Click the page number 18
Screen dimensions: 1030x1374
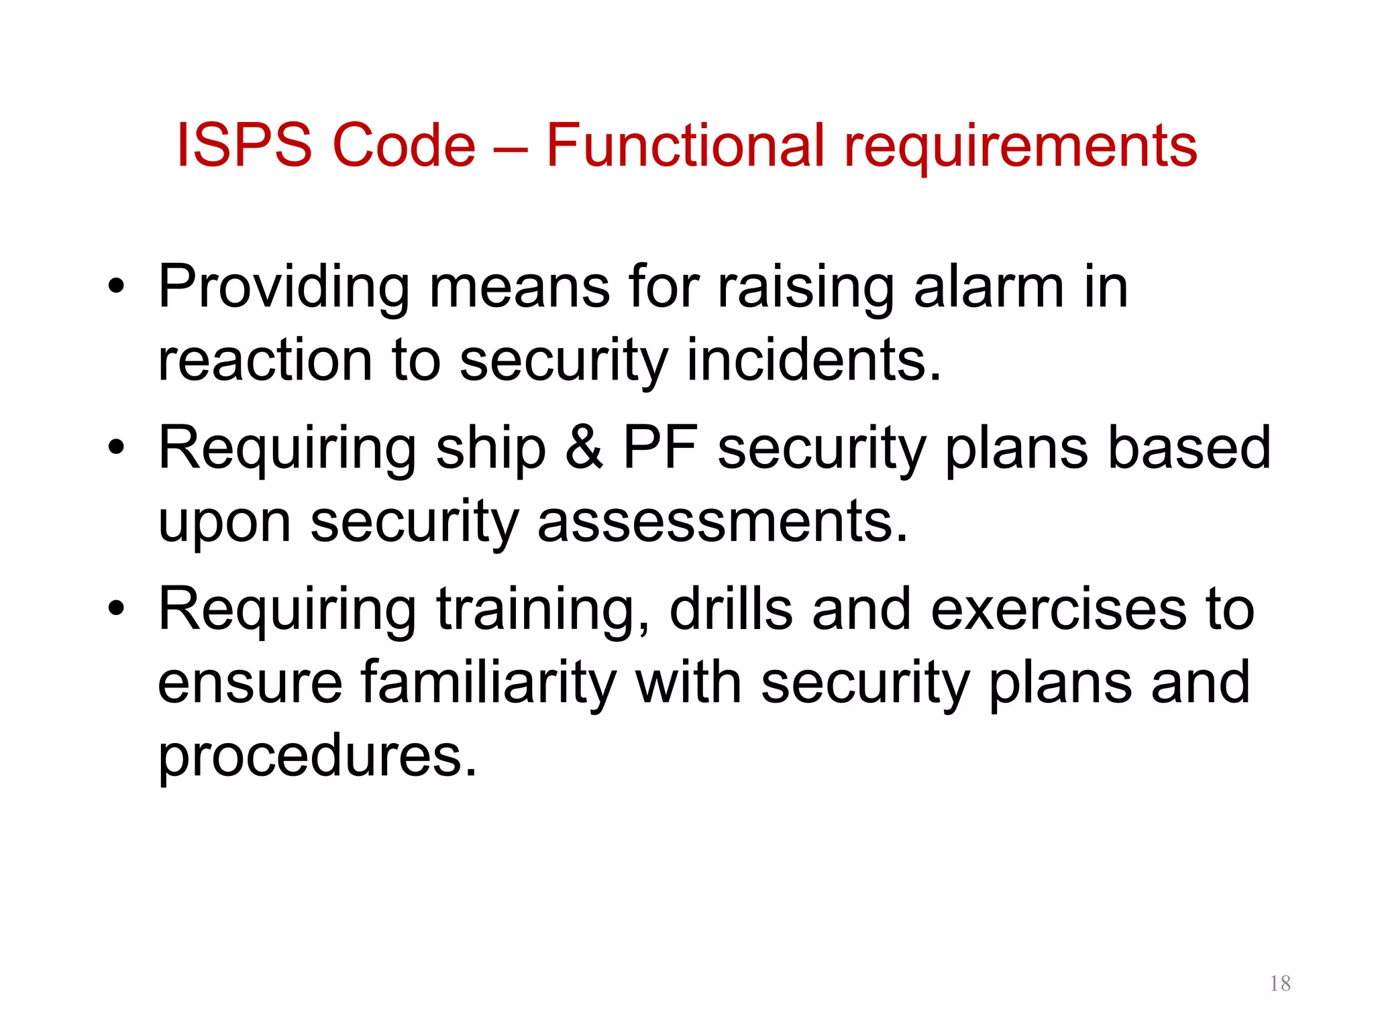tap(1280, 984)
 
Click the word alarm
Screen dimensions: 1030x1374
tap(988, 287)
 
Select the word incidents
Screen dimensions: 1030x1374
tap(814, 360)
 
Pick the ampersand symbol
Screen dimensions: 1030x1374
tap(584, 448)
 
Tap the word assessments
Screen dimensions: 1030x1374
tap(723, 522)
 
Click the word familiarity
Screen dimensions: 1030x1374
tap(488, 682)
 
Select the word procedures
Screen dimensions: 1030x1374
tap(317, 756)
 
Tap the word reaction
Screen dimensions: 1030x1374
tap(265, 360)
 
